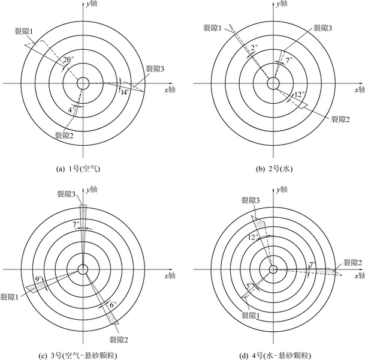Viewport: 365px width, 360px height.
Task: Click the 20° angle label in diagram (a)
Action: click(x=68, y=60)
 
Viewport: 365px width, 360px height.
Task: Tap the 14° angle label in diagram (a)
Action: click(x=125, y=92)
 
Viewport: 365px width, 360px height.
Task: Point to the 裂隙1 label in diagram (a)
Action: click(x=24, y=31)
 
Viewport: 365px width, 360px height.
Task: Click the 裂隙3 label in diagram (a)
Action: click(x=155, y=69)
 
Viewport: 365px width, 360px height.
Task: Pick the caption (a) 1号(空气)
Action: click(x=78, y=169)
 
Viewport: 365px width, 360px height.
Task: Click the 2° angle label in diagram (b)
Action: click(x=254, y=48)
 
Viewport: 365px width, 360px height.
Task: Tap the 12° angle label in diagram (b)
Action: click(x=300, y=95)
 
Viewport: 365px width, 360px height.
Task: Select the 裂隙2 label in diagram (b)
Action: click(x=340, y=119)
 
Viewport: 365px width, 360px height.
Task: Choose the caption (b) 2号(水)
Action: click(x=274, y=169)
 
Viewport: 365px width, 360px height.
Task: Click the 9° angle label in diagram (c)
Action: click(x=38, y=279)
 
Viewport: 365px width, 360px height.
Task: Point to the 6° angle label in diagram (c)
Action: click(x=113, y=305)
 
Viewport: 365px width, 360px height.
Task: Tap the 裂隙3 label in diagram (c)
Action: click(x=66, y=194)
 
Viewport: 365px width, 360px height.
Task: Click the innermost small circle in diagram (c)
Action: click(x=83, y=269)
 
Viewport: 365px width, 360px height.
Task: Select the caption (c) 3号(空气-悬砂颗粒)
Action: click(x=77, y=356)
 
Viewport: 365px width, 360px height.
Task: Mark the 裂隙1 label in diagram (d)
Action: click(x=251, y=316)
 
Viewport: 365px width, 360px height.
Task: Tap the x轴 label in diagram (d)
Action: click(x=360, y=276)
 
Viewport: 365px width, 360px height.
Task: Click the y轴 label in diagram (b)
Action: click(x=282, y=4)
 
